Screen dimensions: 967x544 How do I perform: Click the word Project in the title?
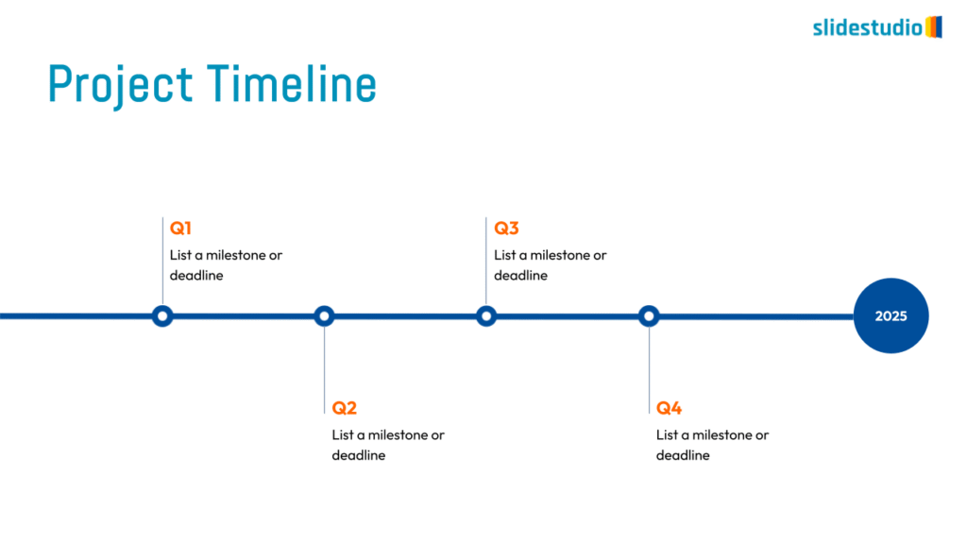click(120, 85)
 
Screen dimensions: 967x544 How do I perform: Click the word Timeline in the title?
click(291, 83)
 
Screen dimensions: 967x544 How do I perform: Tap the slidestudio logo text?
click(867, 27)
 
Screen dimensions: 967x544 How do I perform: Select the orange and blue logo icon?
click(934, 27)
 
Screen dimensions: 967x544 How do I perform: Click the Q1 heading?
click(180, 229)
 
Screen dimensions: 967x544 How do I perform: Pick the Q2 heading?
click(344, 408)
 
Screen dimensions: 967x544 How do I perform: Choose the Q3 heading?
click(506, 229)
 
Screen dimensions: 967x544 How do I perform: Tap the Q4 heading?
click(670, 408)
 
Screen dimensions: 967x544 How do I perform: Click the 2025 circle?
click(891, 315)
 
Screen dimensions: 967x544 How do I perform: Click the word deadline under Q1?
click(196, 275)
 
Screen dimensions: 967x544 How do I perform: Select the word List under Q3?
click(504, 255)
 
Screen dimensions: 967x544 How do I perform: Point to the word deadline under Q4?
click(683, 455)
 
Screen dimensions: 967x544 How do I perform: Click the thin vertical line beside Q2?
click(325, 370)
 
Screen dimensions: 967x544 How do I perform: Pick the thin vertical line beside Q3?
click(486, 261)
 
